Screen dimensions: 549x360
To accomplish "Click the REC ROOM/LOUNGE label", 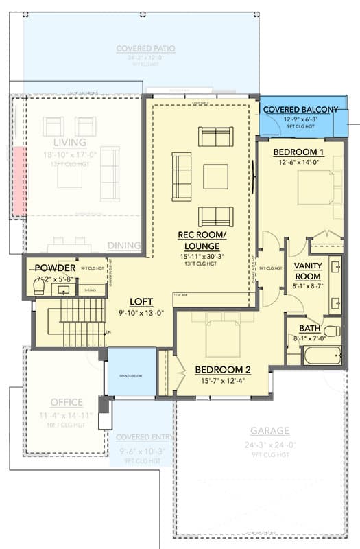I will tap(198, 240).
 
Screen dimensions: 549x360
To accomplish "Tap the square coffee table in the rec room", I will tap(215, 176).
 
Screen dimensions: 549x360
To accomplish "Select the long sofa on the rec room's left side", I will tap(182, 176).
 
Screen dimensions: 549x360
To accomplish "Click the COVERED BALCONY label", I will tap(300, 110).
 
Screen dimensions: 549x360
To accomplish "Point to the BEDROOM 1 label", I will tap(298, 151).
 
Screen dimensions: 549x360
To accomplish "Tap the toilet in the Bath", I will tap(331, 332).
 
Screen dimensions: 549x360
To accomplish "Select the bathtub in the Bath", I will tap(322, 355).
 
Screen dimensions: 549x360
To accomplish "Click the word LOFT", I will tap(141, 301).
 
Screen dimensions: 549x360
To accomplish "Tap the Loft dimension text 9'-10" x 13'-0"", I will tap(141, 313).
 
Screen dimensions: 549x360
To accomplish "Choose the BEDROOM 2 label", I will tap(222, 370).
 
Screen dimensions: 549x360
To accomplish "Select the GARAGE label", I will tap(269, 431).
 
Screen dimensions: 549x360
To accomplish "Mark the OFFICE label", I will tap(67, 402).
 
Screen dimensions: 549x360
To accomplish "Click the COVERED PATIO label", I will tap(145, 49).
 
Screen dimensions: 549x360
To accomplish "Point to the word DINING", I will tap(124, 245).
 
